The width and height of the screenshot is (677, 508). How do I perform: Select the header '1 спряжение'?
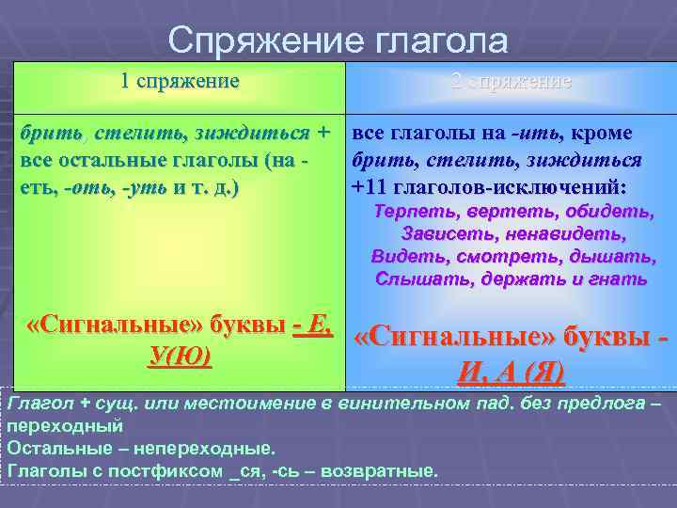(180, 81)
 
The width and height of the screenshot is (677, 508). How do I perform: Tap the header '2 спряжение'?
(511, 81)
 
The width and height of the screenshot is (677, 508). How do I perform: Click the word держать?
(525, 278)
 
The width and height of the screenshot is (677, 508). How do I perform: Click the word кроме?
(601, 134)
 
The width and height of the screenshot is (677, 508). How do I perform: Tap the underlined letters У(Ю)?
(180, 357)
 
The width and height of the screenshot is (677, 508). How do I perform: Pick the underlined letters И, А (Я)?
(511, 373)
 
